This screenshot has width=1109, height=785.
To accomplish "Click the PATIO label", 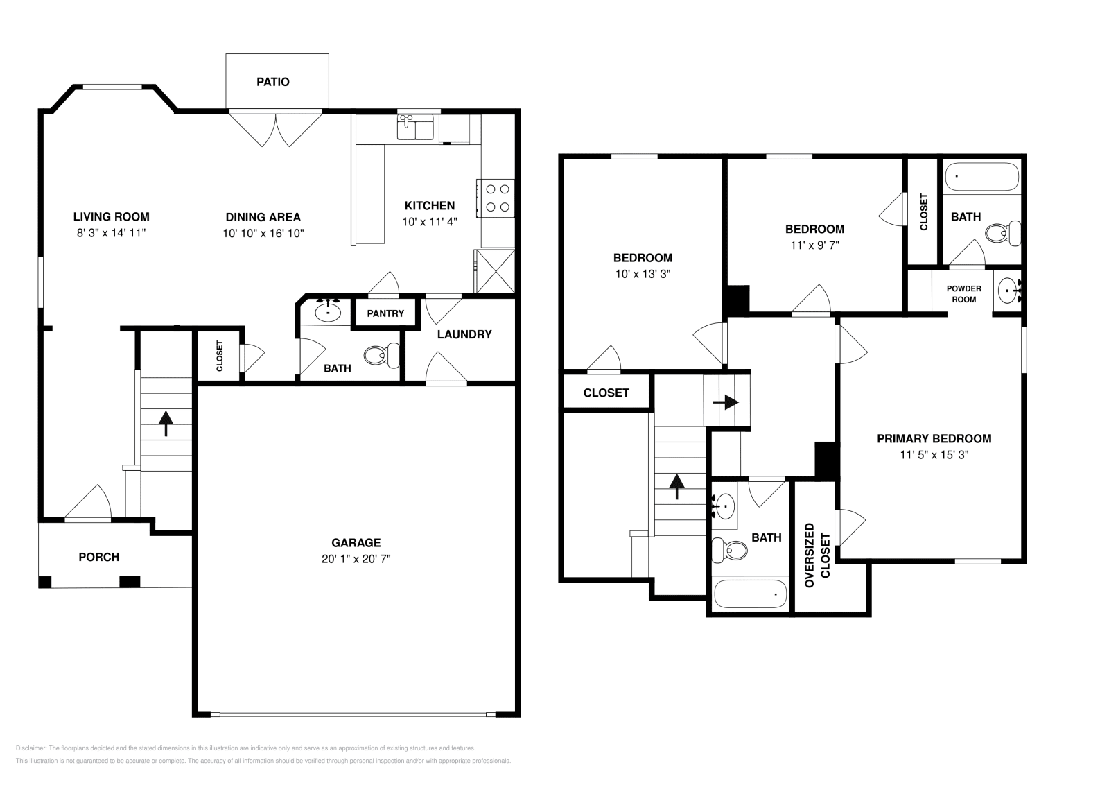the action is point(273,82).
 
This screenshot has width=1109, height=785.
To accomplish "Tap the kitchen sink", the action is point(415,128).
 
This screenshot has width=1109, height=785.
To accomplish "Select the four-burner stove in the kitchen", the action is point(496,198).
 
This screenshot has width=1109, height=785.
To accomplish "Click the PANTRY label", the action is point(385,313).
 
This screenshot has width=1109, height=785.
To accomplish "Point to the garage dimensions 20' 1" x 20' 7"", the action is point(356,559).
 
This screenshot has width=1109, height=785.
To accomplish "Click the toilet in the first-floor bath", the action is point(382,355).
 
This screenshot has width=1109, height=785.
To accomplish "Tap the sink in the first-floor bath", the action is point(328,311).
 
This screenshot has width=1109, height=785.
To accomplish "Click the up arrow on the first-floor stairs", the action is point(166,424).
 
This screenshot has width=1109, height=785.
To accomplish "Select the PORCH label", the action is point(99,557).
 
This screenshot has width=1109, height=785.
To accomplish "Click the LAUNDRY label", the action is point(464,334).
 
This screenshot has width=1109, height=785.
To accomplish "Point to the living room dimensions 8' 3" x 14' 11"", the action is point(111,233).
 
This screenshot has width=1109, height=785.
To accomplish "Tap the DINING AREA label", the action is point(263,217).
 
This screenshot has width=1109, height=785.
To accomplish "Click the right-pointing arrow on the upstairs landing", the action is point(726,402).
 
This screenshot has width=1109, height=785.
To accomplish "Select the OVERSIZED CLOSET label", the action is point(817,555).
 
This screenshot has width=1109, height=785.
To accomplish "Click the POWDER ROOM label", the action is point(964,294).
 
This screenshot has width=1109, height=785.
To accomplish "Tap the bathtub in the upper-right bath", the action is point(982,177).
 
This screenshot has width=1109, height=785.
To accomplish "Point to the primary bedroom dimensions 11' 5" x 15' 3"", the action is point(934,455).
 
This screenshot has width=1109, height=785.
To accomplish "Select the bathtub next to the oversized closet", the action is point(751,594).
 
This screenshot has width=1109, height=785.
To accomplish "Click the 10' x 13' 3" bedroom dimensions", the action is point(643,274).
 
